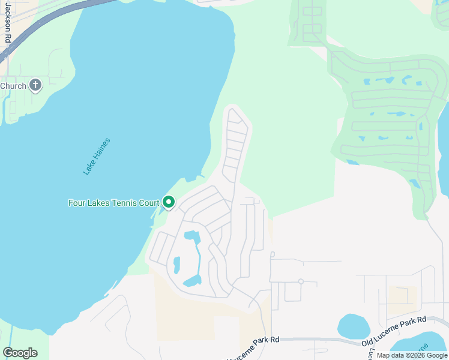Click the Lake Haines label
point(97,156)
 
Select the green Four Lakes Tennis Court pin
point(169,203)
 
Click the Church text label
point(13,86)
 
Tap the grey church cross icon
point(35,85)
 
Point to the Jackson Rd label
point(8,22)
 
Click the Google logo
point(20,352)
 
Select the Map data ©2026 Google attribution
point(412,355)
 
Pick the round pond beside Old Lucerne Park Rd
point(354,326)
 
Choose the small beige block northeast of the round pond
point(402,294)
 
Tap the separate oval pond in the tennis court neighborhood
point(176,265)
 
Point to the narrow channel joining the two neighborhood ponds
point(199,258)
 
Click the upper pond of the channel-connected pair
point(191,236)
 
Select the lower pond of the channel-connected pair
point(193,280)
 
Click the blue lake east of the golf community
point(444,150)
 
